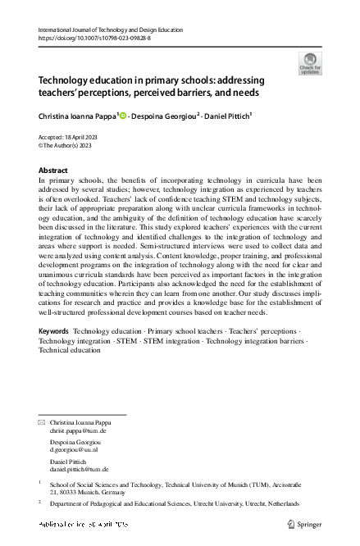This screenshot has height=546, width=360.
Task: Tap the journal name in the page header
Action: [x=111, y=30]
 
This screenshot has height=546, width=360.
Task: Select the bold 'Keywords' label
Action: [x=54, y=353]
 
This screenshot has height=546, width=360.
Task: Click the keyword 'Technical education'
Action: [x=70, y=372]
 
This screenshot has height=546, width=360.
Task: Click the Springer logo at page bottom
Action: [x=307, y=523]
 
